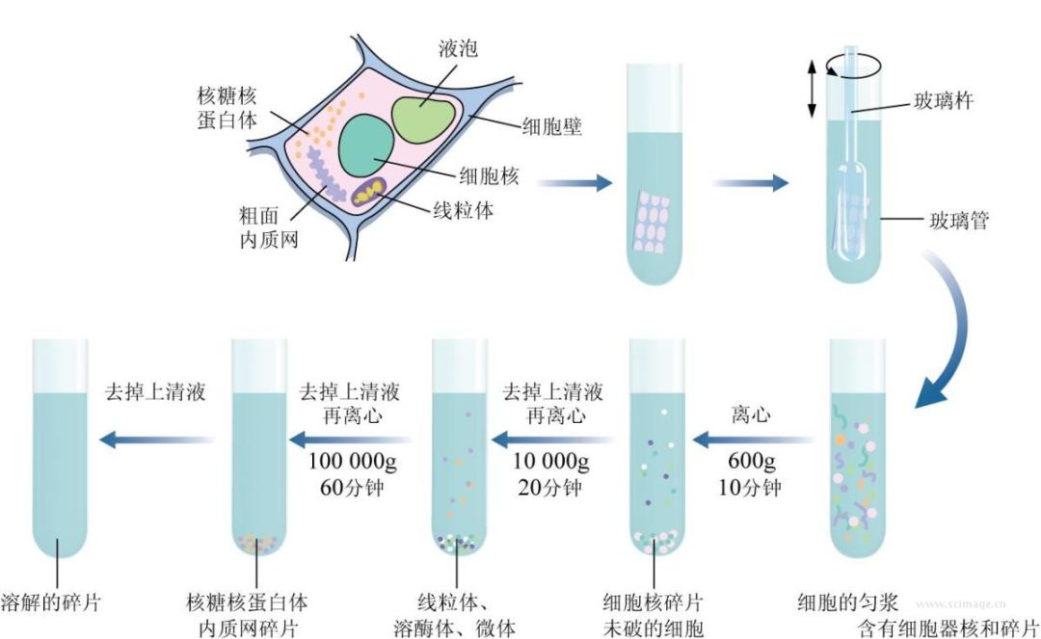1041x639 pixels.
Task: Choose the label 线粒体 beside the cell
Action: pyautogui.click(x=460, y=210)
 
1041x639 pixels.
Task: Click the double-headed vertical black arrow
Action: pyautogui.click(x=812, y=88)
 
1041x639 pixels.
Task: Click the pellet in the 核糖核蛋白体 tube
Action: pyautogui.click(x=257, y=545)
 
